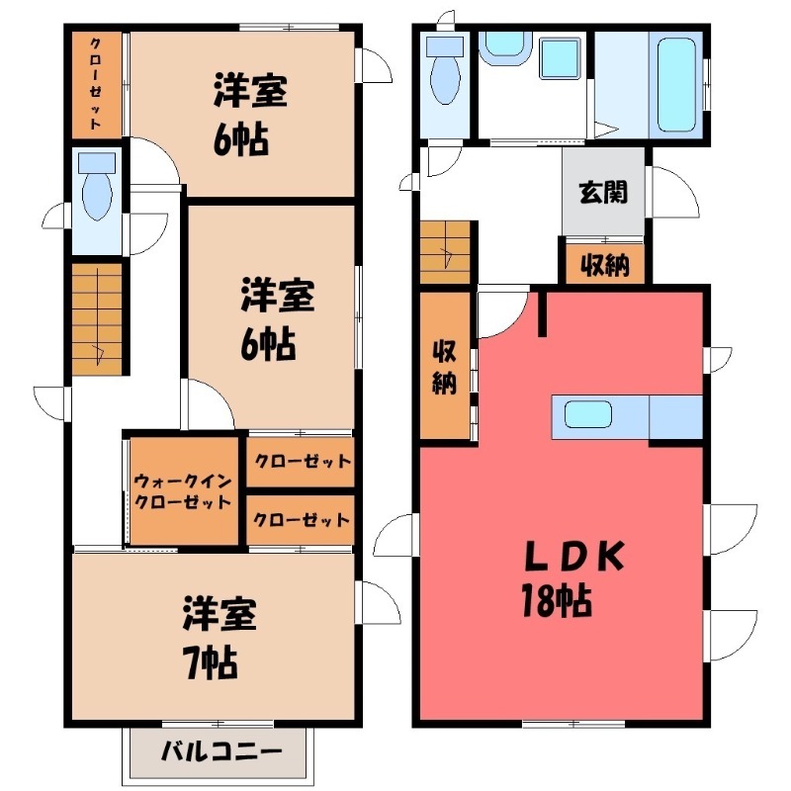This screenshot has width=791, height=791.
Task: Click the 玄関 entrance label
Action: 603,192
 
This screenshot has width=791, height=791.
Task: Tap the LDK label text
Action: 574,556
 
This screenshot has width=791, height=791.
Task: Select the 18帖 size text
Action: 557,600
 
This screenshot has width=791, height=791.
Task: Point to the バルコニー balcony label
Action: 221,751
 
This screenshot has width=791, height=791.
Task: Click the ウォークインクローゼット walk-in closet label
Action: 183,491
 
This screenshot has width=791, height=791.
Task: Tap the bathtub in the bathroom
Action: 677,85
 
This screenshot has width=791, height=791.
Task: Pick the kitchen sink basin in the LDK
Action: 588,413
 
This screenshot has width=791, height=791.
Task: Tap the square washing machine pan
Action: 560,58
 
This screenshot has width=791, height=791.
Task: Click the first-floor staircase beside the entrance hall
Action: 446,252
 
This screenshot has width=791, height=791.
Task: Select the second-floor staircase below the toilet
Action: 97,318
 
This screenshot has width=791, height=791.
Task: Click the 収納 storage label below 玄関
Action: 605,264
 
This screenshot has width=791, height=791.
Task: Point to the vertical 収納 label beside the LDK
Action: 445,368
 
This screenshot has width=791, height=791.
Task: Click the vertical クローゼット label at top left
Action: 95,84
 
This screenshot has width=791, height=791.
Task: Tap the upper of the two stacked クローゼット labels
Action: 303,461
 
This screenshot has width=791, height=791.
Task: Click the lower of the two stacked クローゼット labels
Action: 302,520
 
